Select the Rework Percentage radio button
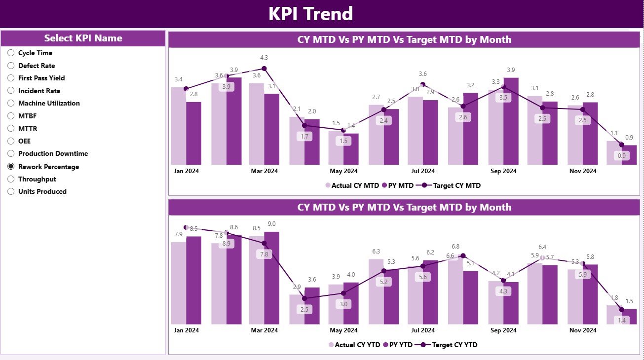tap(11, 167)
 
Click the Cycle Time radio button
tap(11, 53)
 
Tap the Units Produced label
tap(42, 191)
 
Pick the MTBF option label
tap(27, 116)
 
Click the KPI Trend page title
tap(310, 14)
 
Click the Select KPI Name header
tap(83, 38)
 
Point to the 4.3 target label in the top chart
tap(264, 58)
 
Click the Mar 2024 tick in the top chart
tap(264, 171)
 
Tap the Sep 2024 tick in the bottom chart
tap(503, 330)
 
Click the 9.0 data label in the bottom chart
tap(271, 224)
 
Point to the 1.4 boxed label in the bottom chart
tap(622, 321)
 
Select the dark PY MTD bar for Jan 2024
tap(193, 133)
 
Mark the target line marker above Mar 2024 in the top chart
tap(264, 69)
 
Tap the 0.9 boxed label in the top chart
tap(622, 156)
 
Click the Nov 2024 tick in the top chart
tap(582, 171)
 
